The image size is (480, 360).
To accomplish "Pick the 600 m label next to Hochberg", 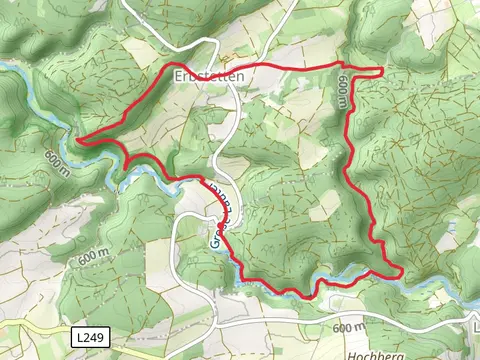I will point(348,328).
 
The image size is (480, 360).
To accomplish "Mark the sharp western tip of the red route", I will point(77,142).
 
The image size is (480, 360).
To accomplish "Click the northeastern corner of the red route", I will point(382,69).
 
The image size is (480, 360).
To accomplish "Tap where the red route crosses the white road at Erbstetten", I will point(232,68).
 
